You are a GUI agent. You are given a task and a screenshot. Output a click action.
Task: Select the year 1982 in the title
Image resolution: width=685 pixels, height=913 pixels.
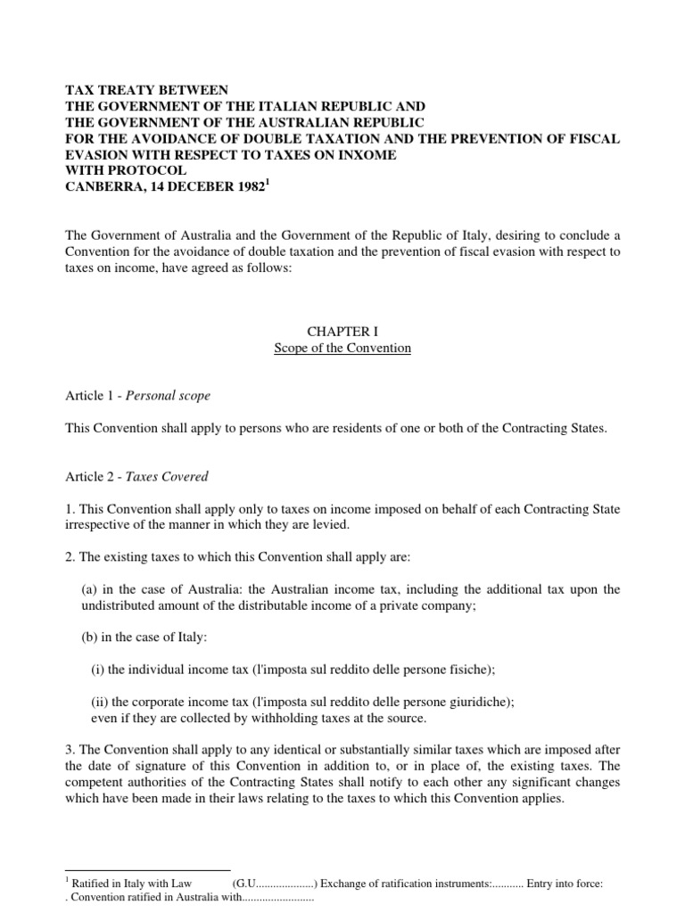click(x=249, y=186)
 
